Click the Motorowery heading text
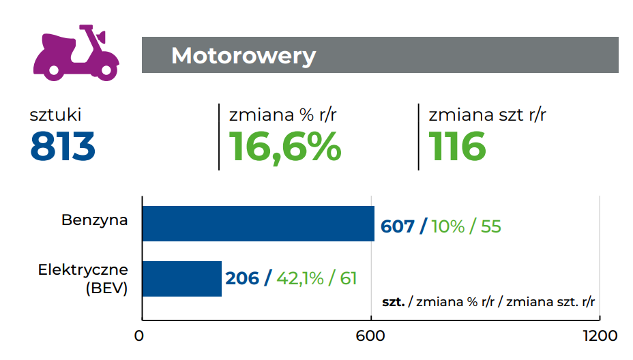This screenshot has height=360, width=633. (244, 55)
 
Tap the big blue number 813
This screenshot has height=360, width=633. (62, 146)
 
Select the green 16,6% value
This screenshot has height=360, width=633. (284, 146)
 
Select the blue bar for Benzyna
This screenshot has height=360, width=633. (258, 224)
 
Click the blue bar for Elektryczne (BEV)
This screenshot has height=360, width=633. (182, 278)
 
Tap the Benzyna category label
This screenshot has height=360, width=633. (95, 220)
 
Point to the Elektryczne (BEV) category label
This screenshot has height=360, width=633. (83, 278)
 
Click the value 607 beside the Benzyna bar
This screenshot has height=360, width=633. (398, 226)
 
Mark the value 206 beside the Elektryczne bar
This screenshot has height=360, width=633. (242, 278)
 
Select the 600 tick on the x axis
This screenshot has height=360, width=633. (370, 336)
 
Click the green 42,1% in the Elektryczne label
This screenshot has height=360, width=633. (300, 278)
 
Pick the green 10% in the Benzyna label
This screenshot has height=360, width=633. (448, 226)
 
